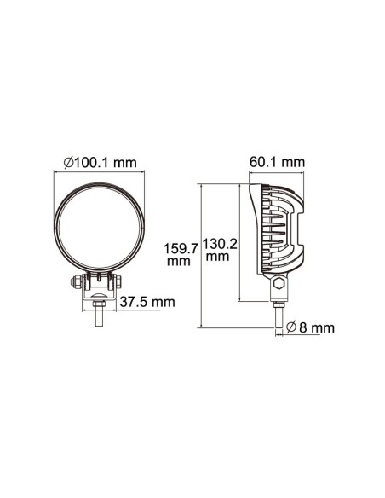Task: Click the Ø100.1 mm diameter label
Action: (100, 162)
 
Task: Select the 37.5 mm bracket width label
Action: (147, 302)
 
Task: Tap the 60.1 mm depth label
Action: (277, 162)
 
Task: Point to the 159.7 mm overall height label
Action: (180, 255)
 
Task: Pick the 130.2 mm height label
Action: (220, 248)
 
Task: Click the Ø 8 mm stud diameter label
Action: (310, 327)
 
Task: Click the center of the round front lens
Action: (100, 228)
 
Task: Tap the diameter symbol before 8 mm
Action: (291, 327)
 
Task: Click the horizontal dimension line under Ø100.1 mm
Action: (100, 173)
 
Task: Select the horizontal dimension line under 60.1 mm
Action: (277, 173)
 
